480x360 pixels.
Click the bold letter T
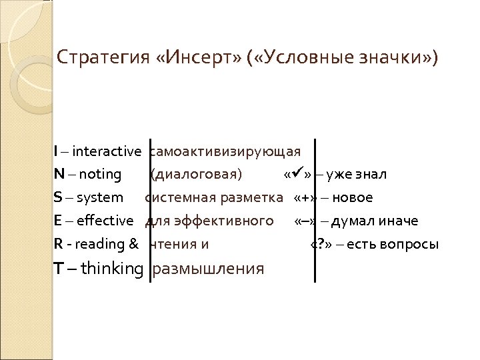(59, 269)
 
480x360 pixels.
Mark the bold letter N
(59, 175)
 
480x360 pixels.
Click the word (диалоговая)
(196, 175)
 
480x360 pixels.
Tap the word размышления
(208, 269)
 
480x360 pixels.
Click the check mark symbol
(297, 174)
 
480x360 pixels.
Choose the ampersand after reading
(133, 244)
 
